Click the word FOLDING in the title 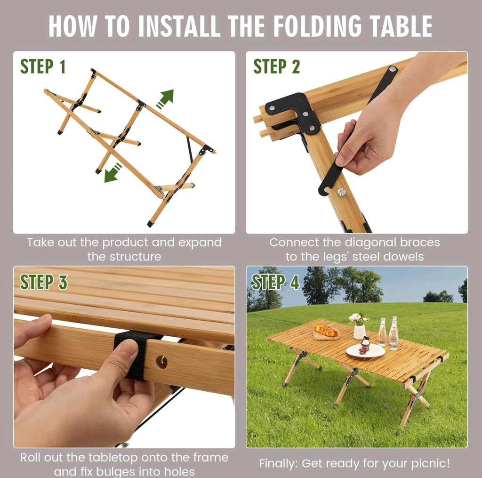pos(317,26)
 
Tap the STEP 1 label pos(43,66)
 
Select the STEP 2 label pos(276,66)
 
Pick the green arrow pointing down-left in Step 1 pos(112,173)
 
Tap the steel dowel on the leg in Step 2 pos(342,193)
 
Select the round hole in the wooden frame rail pos(161,362)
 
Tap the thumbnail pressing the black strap pos(129,347)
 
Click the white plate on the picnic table pos(365,350)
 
